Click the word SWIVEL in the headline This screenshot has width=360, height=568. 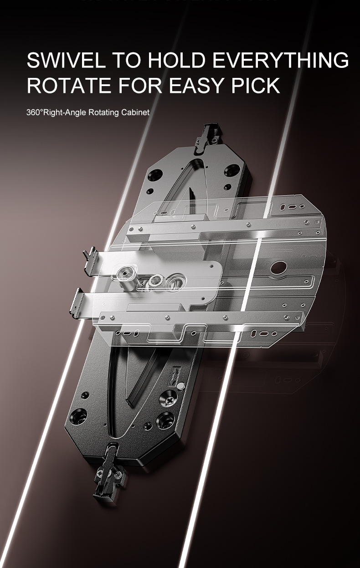coord(66,60)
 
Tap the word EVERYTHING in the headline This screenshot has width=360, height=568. coord(280,60)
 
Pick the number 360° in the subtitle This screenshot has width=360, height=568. coord(35,113)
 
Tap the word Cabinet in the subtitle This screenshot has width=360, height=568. coord(135,113)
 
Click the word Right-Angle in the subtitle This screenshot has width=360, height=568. coord(65,113)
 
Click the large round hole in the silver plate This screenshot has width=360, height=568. coord(278,268)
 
